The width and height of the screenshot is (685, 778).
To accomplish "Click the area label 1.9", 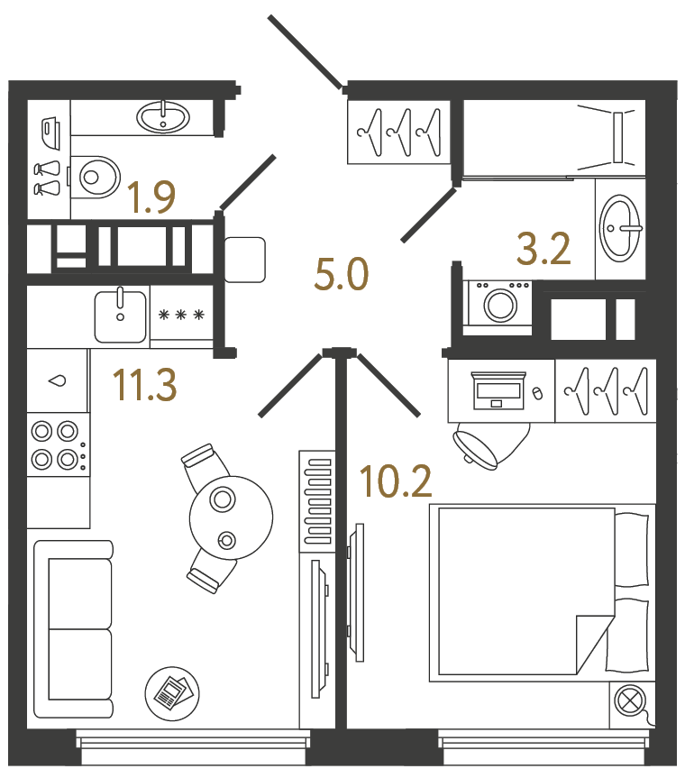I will coord(151,197).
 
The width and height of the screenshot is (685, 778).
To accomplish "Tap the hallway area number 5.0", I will coord(342,273).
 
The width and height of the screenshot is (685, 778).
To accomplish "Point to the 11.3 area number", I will coord(144,386).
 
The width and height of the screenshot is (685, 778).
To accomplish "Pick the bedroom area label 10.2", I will coord(396,482).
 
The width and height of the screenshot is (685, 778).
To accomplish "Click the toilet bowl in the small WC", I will coord(96,177).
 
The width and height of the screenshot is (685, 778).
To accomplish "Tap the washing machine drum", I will coord(499,305).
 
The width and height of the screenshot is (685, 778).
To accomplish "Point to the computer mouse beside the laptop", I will coord(537,393).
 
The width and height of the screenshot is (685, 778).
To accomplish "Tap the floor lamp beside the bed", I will coord(630,700).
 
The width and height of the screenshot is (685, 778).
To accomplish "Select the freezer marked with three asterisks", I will coord(181,315).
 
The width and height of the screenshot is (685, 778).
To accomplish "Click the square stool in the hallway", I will coord(244,260).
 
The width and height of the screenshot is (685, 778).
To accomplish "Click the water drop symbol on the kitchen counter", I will coord(59,380).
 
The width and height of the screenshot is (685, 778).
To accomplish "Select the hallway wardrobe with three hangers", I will coord(398,132).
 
